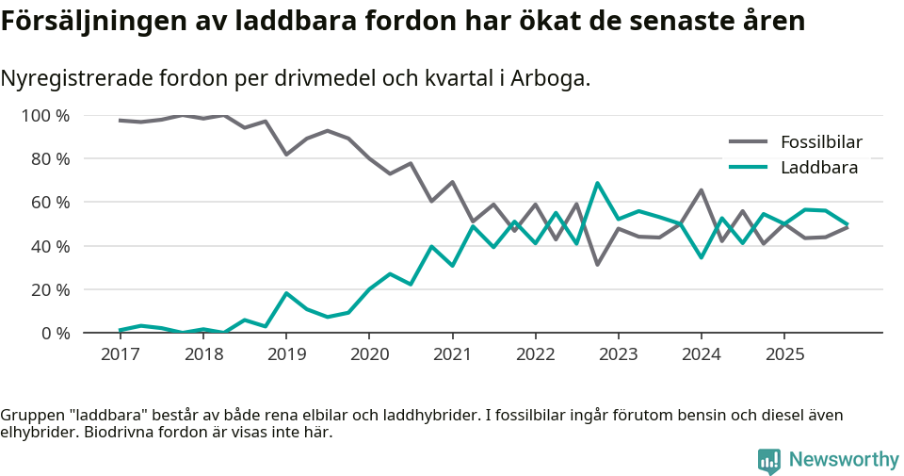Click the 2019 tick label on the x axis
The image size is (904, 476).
[x=286, y=354]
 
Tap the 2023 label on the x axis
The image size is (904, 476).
[x=619, y=354]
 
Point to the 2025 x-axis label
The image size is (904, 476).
[x=784, y=354]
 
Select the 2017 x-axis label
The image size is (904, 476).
[x=120, y=354]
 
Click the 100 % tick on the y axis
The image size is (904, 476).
[x=46, y=116]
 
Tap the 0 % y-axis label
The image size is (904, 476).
[x=56, y=333]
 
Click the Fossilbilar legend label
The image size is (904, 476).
[x=821, y=142]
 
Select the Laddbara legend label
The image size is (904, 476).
[x=818, y=168]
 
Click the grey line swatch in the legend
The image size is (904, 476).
[x=749, y=142]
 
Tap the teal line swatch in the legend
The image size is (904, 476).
[x=749, y=168]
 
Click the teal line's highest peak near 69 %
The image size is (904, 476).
[x=597, y=184]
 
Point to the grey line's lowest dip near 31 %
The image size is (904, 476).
[x=597, y=264]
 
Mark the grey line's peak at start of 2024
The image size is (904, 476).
[x=702, y=190]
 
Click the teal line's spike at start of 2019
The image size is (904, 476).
[x=286, y=293]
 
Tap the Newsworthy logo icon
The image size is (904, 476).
[x=768, y=460]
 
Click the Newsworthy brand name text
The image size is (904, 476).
[x=844, y=460]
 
